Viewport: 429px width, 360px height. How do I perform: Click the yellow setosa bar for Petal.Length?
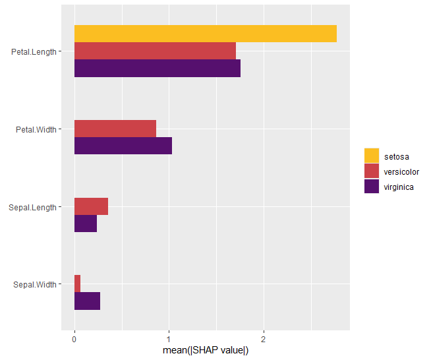205,34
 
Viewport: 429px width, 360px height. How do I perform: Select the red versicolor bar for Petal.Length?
155,51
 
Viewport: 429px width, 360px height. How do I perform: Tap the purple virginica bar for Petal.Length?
157,69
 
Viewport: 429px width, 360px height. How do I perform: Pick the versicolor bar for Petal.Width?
115,129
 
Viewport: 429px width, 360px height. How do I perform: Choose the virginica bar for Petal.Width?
123,146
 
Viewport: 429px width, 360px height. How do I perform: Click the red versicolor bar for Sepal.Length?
91,206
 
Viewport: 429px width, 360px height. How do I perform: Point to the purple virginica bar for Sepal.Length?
86,224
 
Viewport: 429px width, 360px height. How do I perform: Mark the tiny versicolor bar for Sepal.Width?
77,284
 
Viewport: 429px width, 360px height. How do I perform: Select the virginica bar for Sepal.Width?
87,301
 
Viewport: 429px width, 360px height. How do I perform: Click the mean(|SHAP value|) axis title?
206,350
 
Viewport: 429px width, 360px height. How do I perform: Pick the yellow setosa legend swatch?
372,156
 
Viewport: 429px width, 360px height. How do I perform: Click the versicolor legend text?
401,172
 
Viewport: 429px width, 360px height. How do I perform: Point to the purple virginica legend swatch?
372,187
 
